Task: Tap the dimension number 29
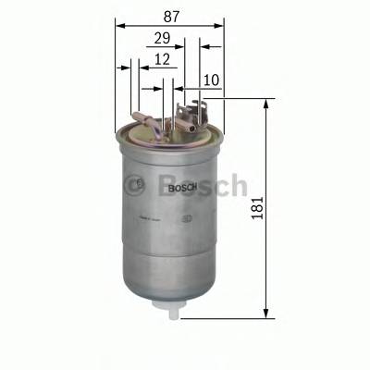coord(163,40)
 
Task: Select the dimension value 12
coord(163,61)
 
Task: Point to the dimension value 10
coord(212,81)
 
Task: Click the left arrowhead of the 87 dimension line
coord(120,27)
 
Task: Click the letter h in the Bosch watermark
coord(236,184)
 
